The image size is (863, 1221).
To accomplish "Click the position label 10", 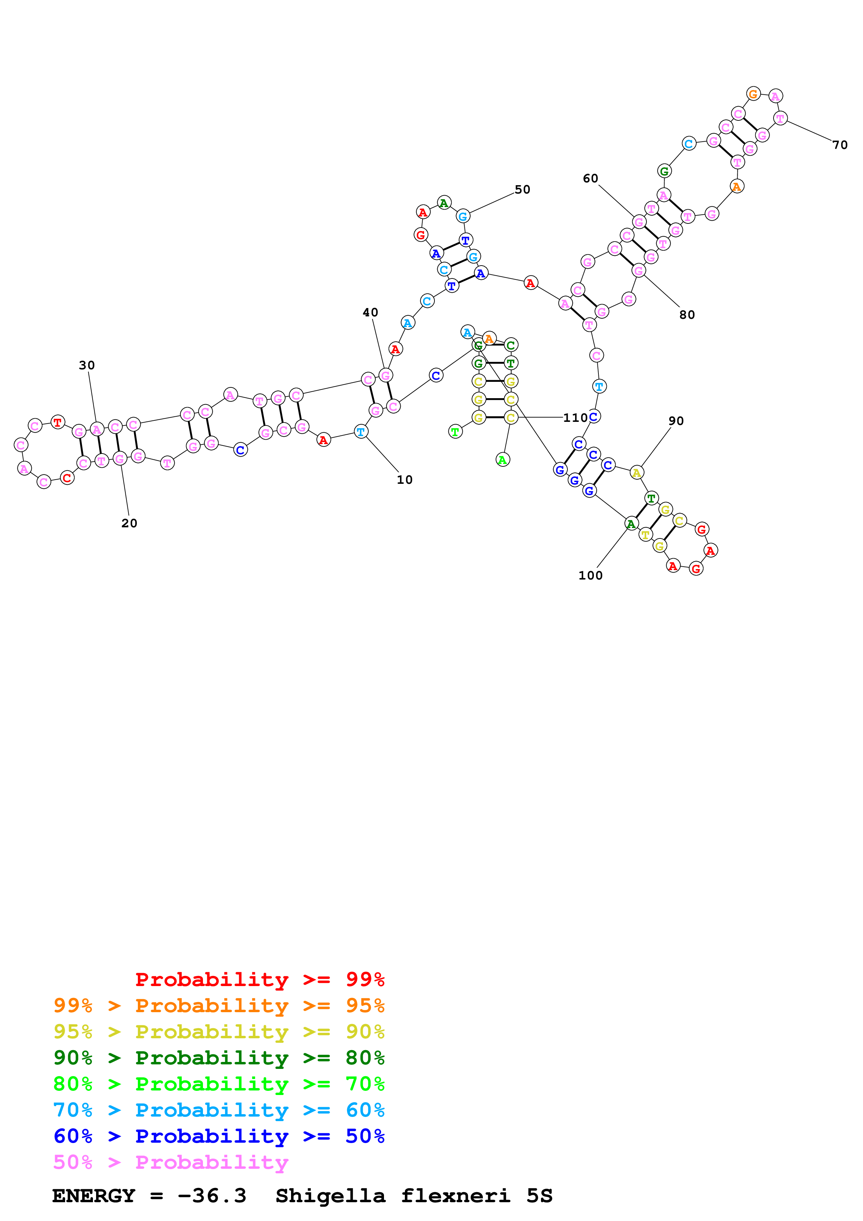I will (x=404, y=480).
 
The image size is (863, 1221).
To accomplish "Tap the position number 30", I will (x=87, y=365).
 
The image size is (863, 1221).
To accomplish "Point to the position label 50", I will (x=522, y=190).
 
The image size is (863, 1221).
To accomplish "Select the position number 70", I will (x=840, y=145).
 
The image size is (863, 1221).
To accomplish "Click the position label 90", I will (x=676, y=421).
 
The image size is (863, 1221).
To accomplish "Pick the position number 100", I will (x=590, y=575).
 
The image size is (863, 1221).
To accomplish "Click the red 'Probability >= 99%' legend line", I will (x=259, y=979).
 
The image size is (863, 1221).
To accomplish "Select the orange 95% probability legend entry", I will (x=219, y=1006).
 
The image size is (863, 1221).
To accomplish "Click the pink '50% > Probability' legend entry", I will (x=170, y=1162).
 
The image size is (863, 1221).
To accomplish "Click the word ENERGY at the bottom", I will (x=94, y=1196).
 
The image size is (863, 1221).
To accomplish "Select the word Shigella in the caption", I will (x=330, y=1196).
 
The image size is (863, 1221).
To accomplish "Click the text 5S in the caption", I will (x=539, y=1196).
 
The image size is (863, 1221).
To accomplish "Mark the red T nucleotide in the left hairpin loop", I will (x=57, y=423).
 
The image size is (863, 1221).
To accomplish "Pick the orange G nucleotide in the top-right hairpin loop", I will (x=753, y=94).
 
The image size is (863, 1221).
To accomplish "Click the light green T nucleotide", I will (x=455, y=432).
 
